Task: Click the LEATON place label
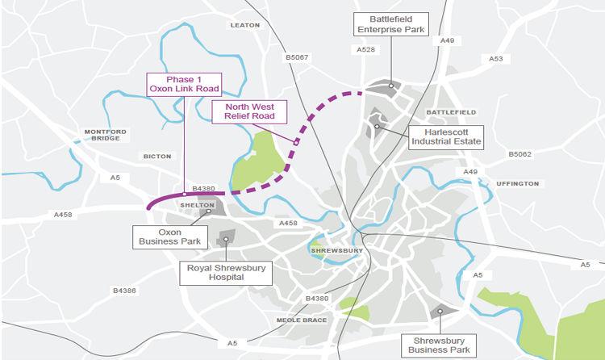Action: pos(245,25)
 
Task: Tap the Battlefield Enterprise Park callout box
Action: pos(391,24)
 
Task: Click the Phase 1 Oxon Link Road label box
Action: pos(183,83)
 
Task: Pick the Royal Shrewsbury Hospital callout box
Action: pos(215,272)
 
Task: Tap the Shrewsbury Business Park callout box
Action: pos(439,344)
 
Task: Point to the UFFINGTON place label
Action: pos(517,183)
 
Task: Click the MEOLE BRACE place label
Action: pos(303,320)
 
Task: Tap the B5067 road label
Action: pos(297,57)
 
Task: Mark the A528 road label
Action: pos(366,49)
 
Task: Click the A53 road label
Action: pos(495,58)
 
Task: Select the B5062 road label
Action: pos(520,153)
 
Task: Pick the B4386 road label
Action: pos(124,290)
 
